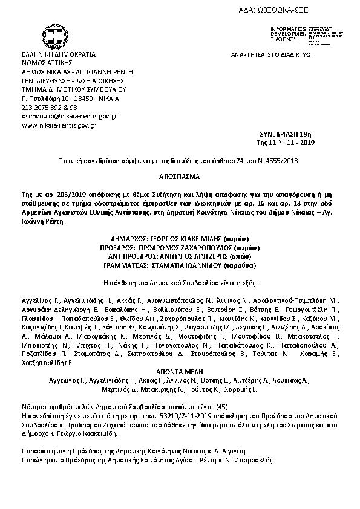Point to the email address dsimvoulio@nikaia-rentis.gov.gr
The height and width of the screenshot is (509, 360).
point(69,115)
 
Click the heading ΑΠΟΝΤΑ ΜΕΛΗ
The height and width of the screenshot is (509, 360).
point(180,372)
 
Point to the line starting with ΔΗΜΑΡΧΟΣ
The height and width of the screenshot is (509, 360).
point(180,239)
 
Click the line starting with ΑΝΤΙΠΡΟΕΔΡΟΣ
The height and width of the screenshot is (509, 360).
point(180,256)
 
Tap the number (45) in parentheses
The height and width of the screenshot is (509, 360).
point(222,408)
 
